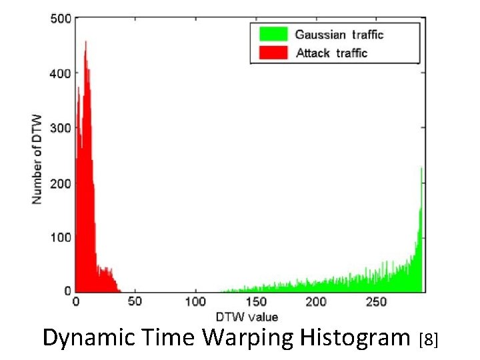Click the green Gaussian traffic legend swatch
(269, 34)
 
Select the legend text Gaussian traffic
(339, 34)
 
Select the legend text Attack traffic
(331, 53)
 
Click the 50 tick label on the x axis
(135, 302)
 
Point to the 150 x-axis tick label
(256, 302)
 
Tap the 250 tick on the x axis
(376, 302)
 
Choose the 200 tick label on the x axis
(316, 302)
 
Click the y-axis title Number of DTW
(37, 159)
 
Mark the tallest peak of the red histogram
(85, 43)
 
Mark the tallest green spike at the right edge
(421, 169)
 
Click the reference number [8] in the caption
(428, 341)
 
